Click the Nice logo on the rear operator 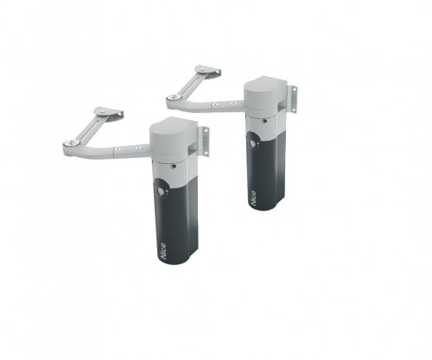(253, 198)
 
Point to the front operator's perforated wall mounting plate (204, 142)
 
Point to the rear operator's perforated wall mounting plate (293, 99)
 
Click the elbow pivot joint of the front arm (70, 143)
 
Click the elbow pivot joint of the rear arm (174, 98)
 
